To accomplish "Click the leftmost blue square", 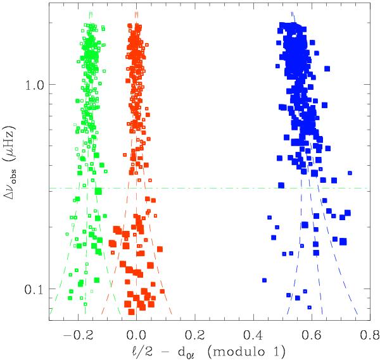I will pyautogui.click(x=264, y=280).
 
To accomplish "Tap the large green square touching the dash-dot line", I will pyautogui.click(x=99, y=190).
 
